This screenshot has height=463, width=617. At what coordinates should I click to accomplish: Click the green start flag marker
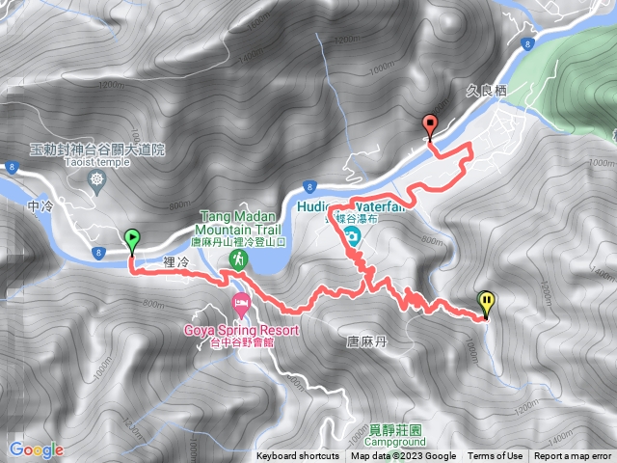tap(131, 238)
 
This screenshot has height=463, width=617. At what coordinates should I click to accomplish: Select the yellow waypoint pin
tap(487, 303)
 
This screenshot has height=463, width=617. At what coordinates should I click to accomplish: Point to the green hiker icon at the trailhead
tap(236, 260)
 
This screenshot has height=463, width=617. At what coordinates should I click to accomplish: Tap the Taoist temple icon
tap(96, 179)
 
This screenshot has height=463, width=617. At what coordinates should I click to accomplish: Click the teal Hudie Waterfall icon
tap(353, 237)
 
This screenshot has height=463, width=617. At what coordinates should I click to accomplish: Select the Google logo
tap(36, 449)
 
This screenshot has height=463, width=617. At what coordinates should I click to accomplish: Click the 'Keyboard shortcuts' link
tap(297, 456)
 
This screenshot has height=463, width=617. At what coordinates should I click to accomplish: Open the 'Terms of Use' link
tap(496, 456)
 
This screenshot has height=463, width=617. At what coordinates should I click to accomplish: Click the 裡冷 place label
tap(178, 261)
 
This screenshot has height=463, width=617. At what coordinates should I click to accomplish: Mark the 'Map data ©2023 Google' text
tap(403, 456)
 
